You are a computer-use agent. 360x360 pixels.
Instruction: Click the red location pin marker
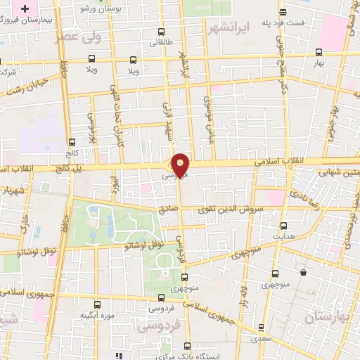(181, 164)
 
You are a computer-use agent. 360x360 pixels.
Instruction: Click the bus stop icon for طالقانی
(162, 32)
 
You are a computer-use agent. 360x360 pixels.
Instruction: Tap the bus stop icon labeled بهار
(319, 52)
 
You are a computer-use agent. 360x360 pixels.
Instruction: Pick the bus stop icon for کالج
(72, 143)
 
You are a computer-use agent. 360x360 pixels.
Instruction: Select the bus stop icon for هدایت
(283, 226)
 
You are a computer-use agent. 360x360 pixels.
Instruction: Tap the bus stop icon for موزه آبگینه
(98, 305)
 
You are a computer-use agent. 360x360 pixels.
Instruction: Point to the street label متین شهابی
(337, 172)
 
